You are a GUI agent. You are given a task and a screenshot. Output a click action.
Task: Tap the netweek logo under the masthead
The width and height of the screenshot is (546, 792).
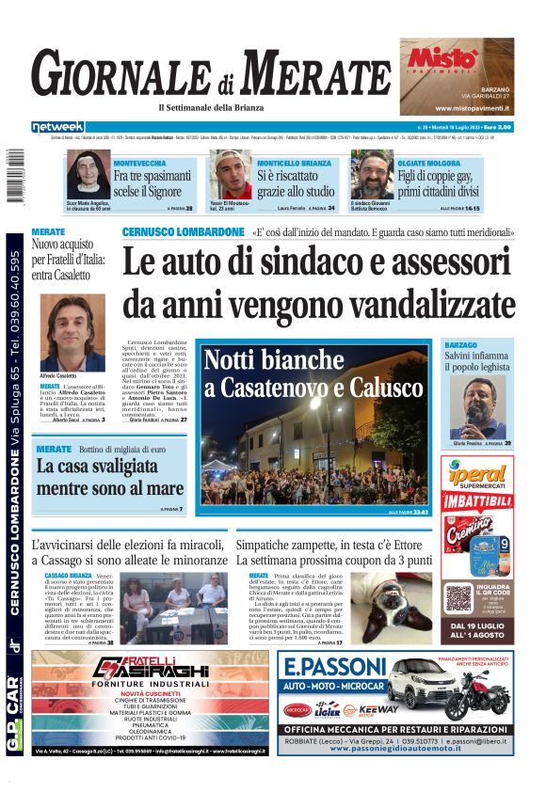(x=57, y=127)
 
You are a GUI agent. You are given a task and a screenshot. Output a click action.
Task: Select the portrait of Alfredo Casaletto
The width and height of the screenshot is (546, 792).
(x=72, y=333)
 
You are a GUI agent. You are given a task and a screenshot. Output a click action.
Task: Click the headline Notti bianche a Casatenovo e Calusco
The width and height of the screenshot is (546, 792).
(x=313, y=373)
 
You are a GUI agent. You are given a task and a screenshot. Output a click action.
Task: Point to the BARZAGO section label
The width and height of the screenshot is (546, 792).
(x=460, y=346)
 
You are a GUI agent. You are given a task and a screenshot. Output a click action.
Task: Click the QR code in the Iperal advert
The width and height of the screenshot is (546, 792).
(x=458, y=596)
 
